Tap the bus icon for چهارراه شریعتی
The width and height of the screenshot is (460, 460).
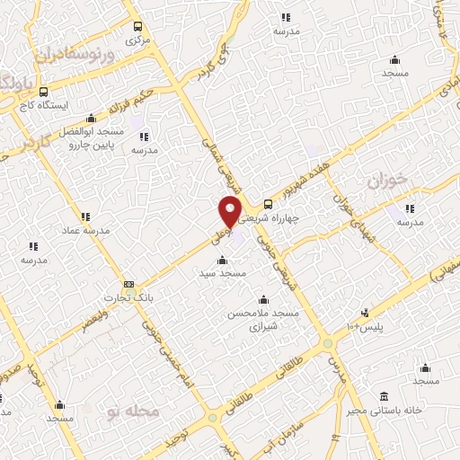coord(267,204)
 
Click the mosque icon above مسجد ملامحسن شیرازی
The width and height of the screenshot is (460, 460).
coord(262,300)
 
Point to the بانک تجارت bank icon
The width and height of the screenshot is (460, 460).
coord(128,285)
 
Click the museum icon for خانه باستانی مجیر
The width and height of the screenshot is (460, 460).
coord(385,396)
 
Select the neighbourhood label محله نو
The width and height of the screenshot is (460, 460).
coord(132,412)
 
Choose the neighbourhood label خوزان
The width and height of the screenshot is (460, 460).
coord(387,181)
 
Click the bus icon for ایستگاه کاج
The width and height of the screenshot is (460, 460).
coord(43,92)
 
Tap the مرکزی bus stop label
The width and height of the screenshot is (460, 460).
coord(137,40)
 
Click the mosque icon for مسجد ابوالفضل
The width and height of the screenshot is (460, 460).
coord(91,118)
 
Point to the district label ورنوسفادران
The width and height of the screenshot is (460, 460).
coord(75,55)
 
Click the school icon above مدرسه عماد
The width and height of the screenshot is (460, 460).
coord(85,217)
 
